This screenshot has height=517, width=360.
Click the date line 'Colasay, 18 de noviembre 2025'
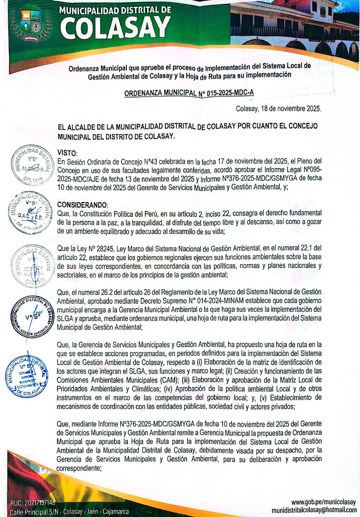point(278,109)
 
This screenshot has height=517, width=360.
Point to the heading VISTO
point(67,153)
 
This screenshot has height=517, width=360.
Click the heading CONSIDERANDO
point(82,205)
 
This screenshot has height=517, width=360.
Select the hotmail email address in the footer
point(314,510)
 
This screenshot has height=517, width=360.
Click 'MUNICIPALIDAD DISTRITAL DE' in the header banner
point(115,10)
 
